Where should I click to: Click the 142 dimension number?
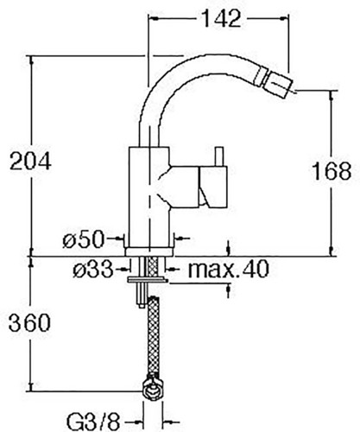pos(222,18)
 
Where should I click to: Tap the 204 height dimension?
pos(30,161)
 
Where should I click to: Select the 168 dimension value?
pos(332,171)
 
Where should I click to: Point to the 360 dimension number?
pos(29,322)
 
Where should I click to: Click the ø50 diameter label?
pos(84,239)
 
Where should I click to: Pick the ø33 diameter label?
pos(93,270)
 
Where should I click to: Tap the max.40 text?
pos(228,269)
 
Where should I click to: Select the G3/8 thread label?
pos(93,422)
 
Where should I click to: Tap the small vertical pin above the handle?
pos(219,157)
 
